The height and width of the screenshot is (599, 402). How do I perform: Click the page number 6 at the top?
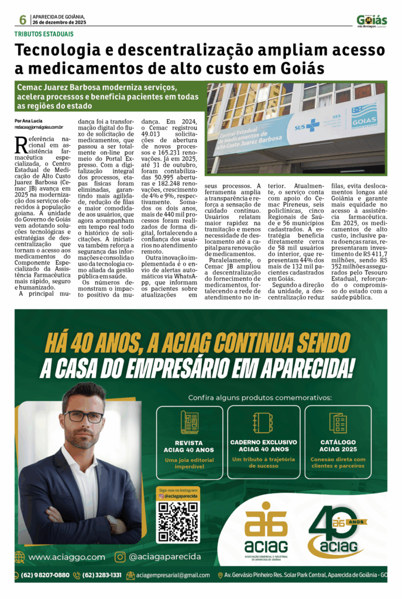pos(23,20)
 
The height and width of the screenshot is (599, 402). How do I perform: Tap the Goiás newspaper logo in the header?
pos(372,21)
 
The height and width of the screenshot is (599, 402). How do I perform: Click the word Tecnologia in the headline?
pos(66,51)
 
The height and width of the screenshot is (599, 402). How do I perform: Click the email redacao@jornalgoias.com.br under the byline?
pos(39,126)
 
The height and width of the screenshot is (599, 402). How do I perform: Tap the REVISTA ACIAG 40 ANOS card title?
pos(189,446)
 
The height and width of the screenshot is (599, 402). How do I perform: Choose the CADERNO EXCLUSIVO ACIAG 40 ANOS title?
pos(263,445)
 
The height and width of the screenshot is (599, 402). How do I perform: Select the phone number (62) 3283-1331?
pos(102,575)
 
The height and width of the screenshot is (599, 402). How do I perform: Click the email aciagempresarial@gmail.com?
pos(173,575)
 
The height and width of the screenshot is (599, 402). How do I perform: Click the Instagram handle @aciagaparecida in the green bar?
pos(164,557)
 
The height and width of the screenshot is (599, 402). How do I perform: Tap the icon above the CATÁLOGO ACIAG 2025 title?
pos(338,422)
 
